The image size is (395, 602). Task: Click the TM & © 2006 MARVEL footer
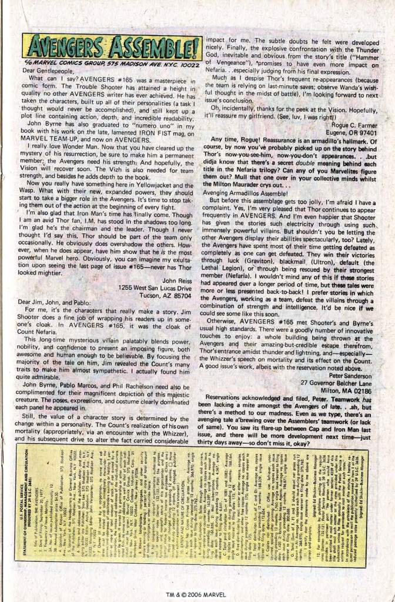[197, 593]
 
